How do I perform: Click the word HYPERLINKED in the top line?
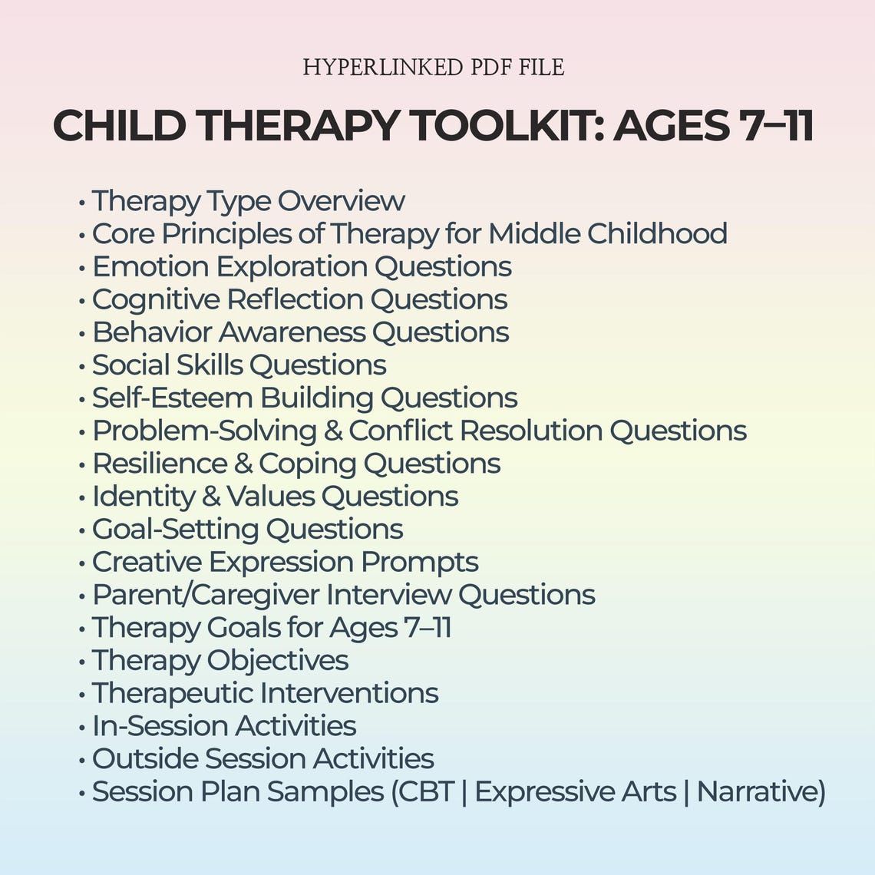tap(375, 68)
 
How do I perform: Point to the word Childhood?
tap(657, 233)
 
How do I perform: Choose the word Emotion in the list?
tap(150, 266)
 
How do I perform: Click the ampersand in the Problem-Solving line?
tap(333, 431)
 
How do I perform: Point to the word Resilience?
tap(160, 464)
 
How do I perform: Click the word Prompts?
tap(419, 562)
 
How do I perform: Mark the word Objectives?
tap(277, 661)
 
